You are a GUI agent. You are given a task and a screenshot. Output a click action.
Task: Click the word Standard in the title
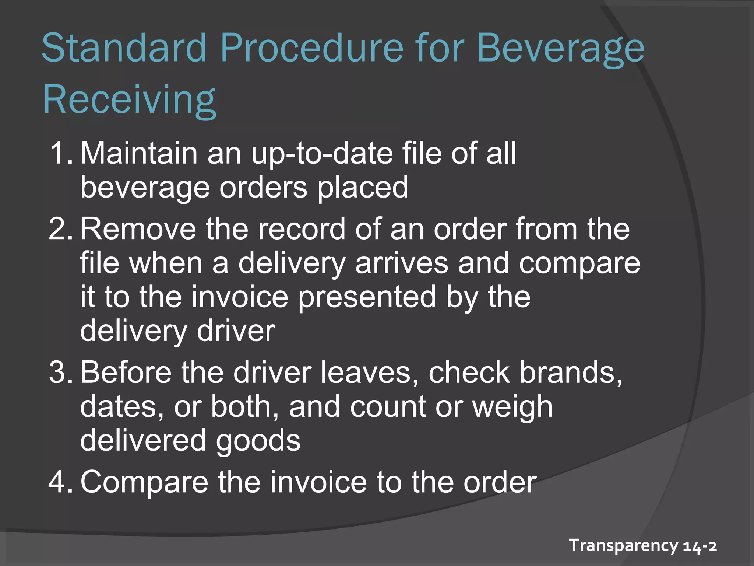point(124,48)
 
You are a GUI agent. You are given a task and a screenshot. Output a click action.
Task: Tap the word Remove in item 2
point(138,229)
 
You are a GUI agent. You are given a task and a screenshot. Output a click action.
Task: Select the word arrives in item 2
point(402,263)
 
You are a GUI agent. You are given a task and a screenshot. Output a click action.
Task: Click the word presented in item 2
point(367,298)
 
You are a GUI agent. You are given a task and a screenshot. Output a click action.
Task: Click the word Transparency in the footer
point(623,545)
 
